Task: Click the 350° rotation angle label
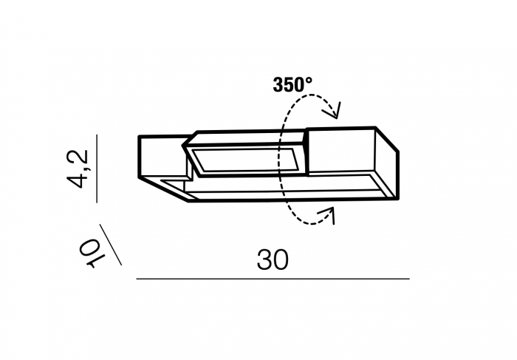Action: tap(292, 84)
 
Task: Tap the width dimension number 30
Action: tap(273, 259)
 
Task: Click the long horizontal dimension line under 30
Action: tap(273, 279)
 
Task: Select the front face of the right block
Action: tap(341, 152)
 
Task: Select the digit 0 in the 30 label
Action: tap(280, 259)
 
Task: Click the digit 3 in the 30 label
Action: tap(264, 259)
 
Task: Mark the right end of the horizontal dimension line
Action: tap(408, 279)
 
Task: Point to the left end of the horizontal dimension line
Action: tap(138, 279)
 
